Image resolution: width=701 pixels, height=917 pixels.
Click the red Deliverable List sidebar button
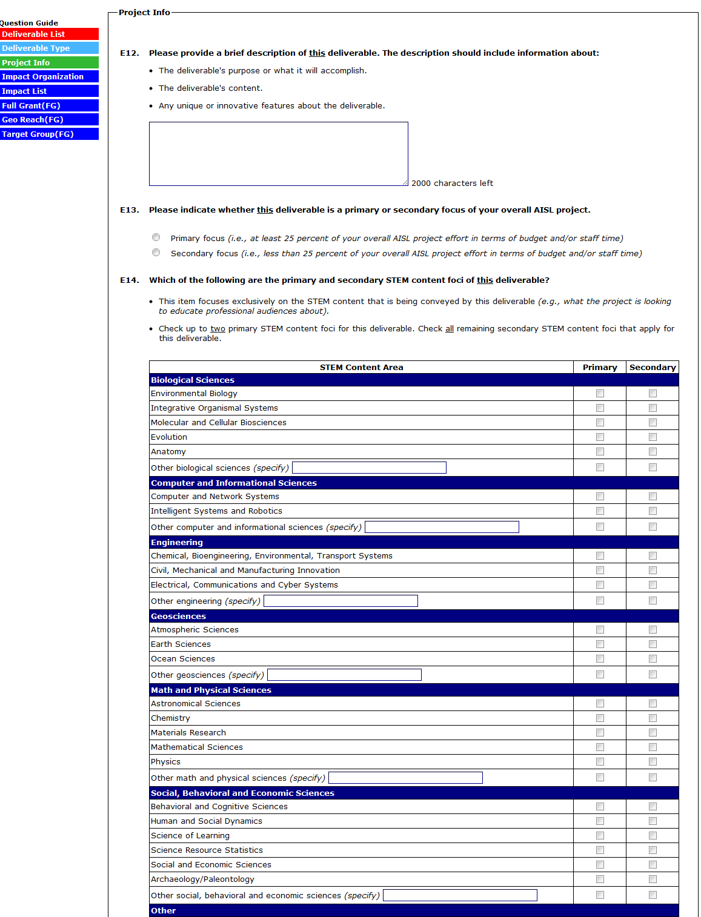pyautogui.click(x=48, y=35)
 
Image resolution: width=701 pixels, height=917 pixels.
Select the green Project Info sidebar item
pyautogui.click(x=48, y=63)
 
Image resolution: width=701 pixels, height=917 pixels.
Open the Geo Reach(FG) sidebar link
pyautogui.click(x=48, y=120)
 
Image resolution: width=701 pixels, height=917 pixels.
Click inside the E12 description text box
pyautogui.click(x=278, y=154)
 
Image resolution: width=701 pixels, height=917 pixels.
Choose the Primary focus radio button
pyautogui.click(x=156, y=237)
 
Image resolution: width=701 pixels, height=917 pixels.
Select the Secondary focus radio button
pyautogui.click(x=156, y=253)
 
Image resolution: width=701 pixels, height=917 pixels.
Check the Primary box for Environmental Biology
pyautogui.click(x=600, y=394)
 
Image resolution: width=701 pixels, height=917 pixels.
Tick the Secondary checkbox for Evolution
pyautogui.click(x=653, y=437)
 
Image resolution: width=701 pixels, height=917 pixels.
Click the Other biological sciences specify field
pyautogui.click(x=369, y=468)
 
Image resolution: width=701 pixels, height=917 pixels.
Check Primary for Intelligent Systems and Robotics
pyautogui.click(x=600, y=511)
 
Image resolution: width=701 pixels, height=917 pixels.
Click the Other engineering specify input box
pyautogui.click(x=341, y=601)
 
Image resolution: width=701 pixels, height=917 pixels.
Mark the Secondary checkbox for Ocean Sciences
pyautogui.click(x=653, y=659)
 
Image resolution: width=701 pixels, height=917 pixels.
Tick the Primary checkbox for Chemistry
pyautogui.click(x=600, y=718)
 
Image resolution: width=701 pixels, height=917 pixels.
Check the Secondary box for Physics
pyautogui.click(x=653, y=762)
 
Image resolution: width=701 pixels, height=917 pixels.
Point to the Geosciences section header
pyautogui.click(x=179, y=617)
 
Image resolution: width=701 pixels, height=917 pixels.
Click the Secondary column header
pyautogui.click(x=653, y=368)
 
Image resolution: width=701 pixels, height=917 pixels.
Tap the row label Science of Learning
pyautogui.click(x=190, y=836)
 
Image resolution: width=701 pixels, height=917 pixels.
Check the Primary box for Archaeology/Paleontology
pyautogui.click(x=600, y=879)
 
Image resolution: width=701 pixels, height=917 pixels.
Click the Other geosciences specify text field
pyautogui.click(x=344, y=675)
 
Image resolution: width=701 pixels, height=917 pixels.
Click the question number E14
pyautogui.click(x=130, y=280)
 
